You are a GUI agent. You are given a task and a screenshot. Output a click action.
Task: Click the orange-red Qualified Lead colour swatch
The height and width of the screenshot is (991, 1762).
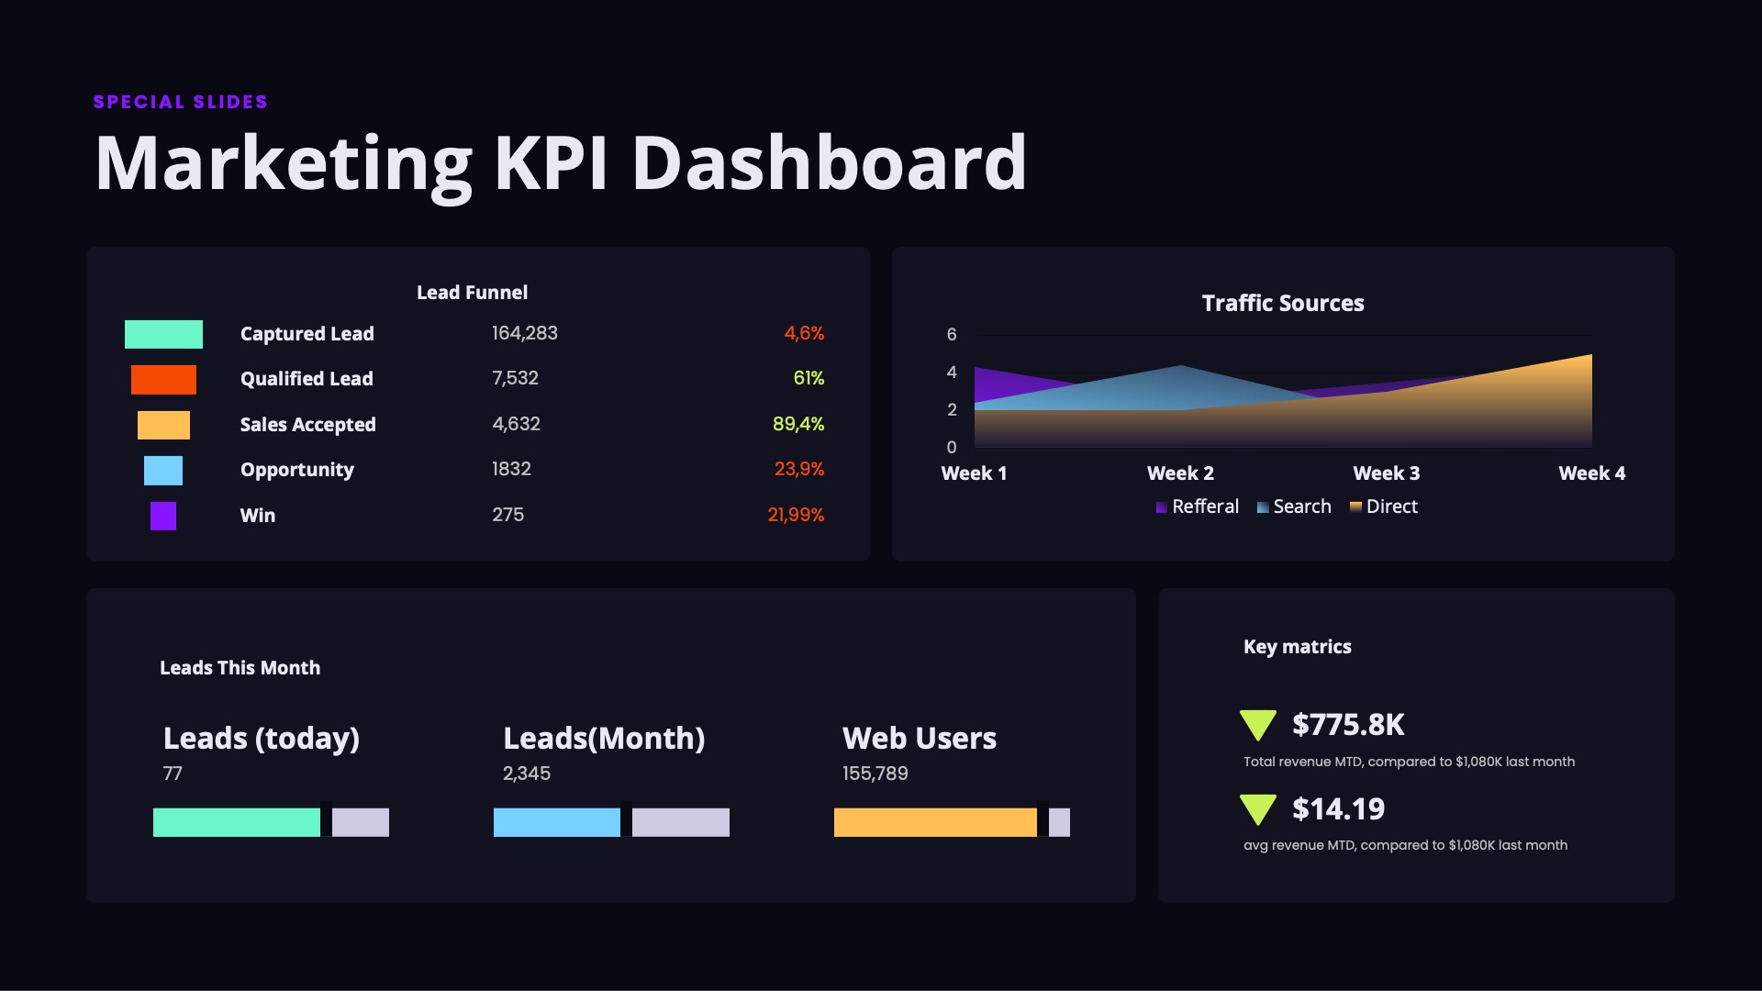163,379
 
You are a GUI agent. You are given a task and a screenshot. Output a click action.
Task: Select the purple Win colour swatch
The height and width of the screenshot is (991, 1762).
163,516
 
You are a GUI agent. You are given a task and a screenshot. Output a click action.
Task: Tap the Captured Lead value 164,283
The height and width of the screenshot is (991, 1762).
525,333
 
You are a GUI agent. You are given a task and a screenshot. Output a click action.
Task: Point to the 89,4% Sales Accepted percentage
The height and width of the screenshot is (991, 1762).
798,424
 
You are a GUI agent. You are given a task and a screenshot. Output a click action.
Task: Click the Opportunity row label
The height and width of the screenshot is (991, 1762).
296,470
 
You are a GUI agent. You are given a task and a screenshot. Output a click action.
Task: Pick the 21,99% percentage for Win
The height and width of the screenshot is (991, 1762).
796,515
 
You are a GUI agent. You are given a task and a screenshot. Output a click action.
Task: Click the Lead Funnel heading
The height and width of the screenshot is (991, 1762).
472,293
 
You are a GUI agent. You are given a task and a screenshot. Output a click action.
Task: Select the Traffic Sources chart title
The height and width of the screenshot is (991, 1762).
1283,303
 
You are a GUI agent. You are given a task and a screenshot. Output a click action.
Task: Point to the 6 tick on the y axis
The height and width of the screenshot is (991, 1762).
952,335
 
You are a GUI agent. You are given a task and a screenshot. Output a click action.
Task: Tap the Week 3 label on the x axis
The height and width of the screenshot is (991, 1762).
1386,473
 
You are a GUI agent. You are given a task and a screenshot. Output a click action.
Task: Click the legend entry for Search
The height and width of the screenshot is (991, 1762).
1294,507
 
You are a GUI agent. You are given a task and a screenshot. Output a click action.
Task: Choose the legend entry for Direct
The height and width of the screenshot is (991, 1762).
1384,507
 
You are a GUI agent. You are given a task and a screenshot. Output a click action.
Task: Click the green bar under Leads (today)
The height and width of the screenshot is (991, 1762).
237,822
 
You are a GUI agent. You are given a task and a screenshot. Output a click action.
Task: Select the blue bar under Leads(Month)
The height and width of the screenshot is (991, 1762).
557,822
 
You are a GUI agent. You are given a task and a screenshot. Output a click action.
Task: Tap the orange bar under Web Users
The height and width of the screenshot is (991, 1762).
935,822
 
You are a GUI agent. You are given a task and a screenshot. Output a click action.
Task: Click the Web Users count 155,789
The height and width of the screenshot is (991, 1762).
875,774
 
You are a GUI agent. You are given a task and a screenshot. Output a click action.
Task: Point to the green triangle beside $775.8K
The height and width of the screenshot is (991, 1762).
1258,724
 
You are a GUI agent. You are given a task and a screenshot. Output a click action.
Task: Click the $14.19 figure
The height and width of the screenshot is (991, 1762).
1338,808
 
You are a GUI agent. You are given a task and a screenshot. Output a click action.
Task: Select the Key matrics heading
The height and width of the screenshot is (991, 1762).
1297,647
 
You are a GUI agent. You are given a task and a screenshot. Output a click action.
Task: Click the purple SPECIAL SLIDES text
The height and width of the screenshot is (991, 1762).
180,102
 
